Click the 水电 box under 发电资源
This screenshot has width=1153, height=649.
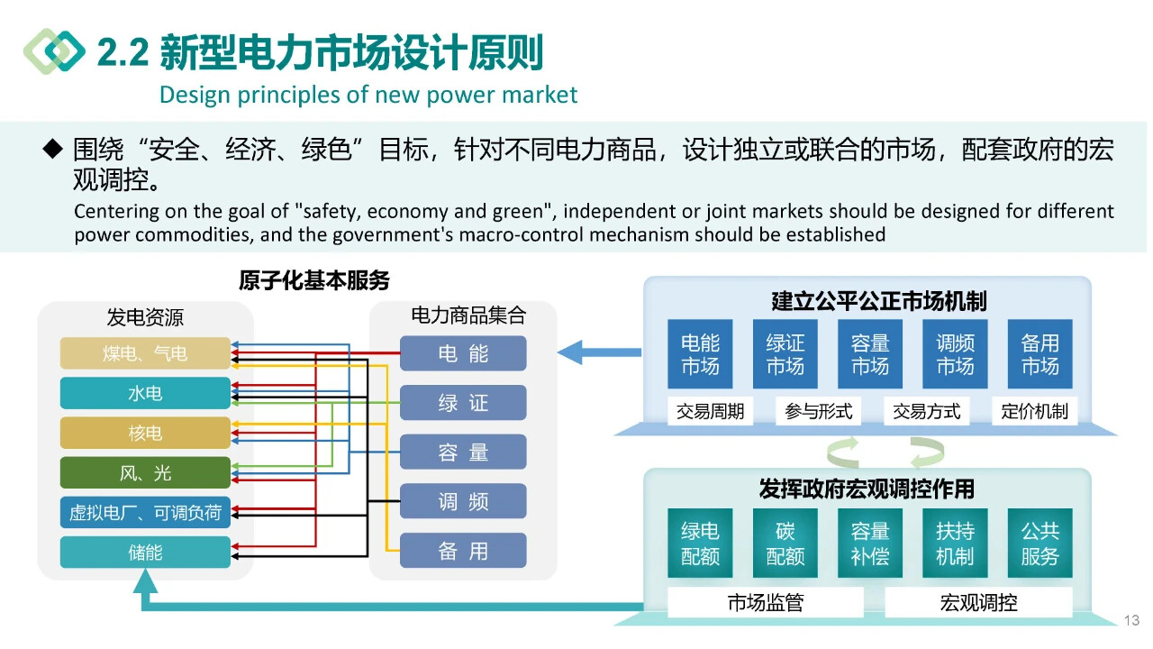click(x=145, y=394)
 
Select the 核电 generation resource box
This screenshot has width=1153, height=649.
click(x=145, y=434)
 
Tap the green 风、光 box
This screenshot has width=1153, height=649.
click(x=145, y=473)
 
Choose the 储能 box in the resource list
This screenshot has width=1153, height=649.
click(x=145, y=552)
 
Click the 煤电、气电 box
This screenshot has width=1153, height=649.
click(x=145, y=353)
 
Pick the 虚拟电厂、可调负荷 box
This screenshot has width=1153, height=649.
click(x=145, y=513)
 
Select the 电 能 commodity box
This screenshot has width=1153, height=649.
click(x=463, y=354)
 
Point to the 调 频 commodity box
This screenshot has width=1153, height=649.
click(x=463, y=502)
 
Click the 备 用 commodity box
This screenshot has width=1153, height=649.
click(x=463, y=551)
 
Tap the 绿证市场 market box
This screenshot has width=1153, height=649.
click(x=785, y=354)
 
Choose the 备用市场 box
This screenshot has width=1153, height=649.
click(x=1040, y=354)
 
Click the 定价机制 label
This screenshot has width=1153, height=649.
click(x=1034, y=412)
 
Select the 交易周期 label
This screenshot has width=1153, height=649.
click(x=711, y=412)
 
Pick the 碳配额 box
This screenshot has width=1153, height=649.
click(x=785, y=544)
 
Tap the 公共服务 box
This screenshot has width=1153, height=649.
click(x=1040, y=544)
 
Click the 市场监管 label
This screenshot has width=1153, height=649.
click(x=765, y=603)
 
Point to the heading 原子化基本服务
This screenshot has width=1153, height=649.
click(x=314, y=280)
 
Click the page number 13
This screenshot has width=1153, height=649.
click(x=1132, y=620)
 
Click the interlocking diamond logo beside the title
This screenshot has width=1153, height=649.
click(x=54, y=50)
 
